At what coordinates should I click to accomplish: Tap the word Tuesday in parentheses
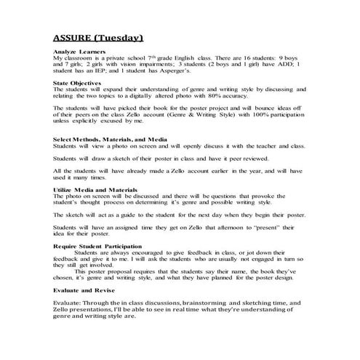coord(124,37)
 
